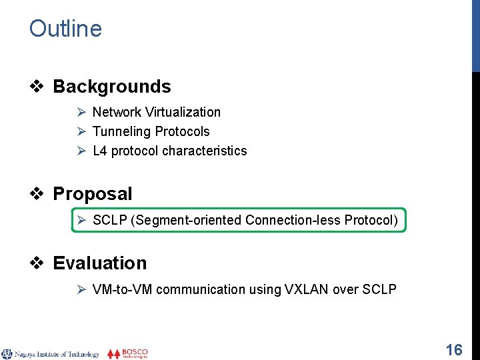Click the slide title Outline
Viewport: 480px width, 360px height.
65,29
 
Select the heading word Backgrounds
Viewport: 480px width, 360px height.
111,87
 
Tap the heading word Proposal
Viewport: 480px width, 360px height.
92,194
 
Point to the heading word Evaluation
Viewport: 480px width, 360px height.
99,263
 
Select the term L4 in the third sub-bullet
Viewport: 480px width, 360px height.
100,151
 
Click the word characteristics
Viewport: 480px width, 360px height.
204,151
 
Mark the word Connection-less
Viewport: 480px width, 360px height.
293,220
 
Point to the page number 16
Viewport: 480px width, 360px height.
454,349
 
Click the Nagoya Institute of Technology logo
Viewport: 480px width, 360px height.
51,354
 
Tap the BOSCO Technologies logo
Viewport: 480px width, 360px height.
128,353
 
